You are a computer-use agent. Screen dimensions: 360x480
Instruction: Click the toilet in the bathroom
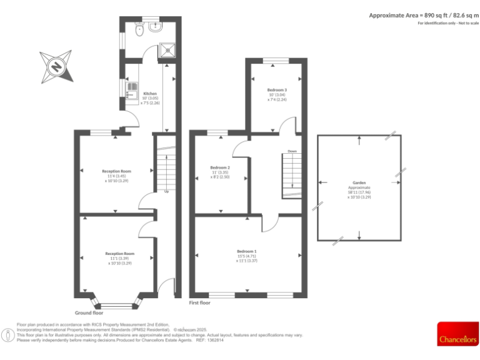(x=141, y=29)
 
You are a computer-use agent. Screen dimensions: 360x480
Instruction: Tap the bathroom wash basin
(x=157, y=27)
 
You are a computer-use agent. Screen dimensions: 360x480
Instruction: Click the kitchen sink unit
(x=131, y=91)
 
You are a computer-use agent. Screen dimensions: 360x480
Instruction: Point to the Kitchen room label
(x=141, y=93)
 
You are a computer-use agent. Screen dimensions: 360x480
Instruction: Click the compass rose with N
(x=57, y=66)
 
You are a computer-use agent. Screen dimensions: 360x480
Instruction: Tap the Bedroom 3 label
(x=276, y=91)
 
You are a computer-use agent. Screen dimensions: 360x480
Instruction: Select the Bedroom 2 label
(x=220, y=167)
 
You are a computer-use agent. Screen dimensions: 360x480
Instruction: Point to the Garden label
(x=359, y=182)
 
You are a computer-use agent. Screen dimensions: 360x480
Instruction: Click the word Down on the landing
(x=292, y=151)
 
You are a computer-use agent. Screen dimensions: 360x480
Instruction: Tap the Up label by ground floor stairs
(x=166, y=191)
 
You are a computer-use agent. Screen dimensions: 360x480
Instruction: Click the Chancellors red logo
(x=457, y=334)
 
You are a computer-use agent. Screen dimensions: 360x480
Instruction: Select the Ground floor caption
(x=89, y=312)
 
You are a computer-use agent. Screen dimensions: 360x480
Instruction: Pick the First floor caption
(x=200, y=302)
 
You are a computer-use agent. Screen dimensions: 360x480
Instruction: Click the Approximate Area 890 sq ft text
(x=422, y=15)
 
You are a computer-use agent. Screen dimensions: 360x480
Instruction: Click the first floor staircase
(x=291, y=176)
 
